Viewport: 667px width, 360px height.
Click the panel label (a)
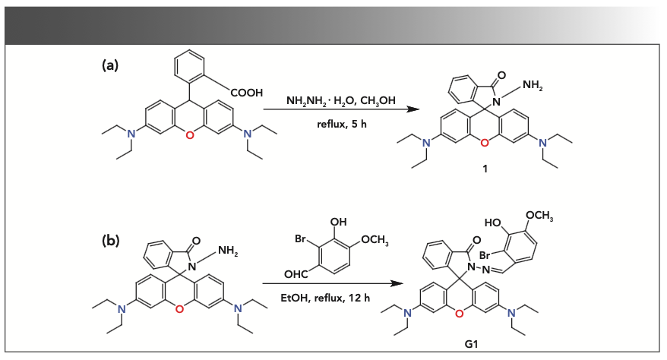click(110, 65)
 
